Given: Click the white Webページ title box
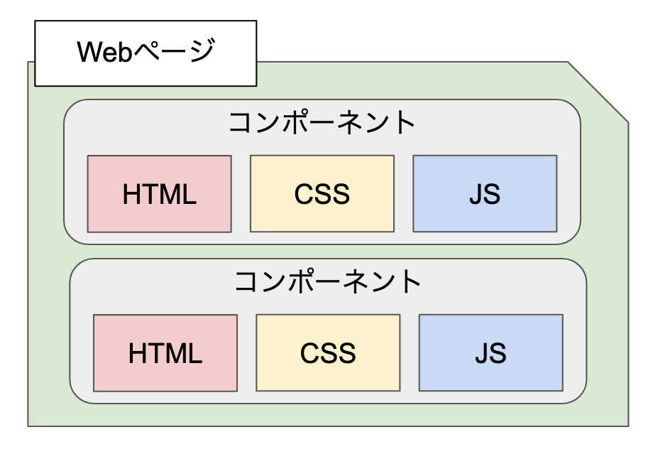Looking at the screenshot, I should (x=146, y=53).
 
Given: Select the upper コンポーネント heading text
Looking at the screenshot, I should (x=322, y=122).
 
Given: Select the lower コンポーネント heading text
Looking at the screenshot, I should (x=328, y=282).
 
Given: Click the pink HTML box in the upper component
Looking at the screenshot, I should (x=159, y=194).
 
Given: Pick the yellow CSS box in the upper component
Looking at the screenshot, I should (x=322, y=194).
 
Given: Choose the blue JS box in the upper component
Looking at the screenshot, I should (x=485, y=194).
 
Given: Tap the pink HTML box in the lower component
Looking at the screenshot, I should (x=165, y=353).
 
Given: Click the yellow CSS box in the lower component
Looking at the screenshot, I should (x=327, y=353).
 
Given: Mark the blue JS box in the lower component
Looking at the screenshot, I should (x=490, y=353).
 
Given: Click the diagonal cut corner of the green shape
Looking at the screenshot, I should (x=598, y=92).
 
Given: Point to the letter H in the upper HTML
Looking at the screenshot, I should (x=132, y=195).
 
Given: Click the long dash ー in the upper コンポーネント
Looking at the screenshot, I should (x=322, y=123).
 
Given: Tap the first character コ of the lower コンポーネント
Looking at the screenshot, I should (x=246, y=282).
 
